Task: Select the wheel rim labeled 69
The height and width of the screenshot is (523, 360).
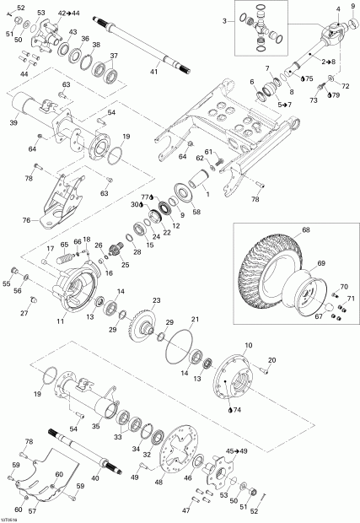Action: click(x=304, y=291)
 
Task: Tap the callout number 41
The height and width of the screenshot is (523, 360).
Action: click(x=153, y=74)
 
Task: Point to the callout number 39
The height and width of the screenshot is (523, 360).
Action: click(x=13, y=122)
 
